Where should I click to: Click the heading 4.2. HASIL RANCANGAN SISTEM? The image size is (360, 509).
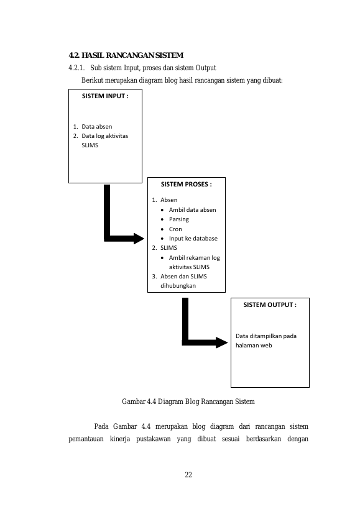[126, 55]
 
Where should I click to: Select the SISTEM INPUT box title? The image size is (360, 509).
[105, 96]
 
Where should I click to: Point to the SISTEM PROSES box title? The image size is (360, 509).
[187, 185]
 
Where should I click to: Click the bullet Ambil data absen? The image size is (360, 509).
[192, 210]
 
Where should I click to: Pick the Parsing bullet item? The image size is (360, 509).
[178, 219]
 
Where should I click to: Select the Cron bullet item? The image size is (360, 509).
[175, 229]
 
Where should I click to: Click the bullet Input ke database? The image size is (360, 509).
[193, 239]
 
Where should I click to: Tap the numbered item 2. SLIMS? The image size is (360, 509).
[165, 248]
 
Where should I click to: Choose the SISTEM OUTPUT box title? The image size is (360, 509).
[270, 305]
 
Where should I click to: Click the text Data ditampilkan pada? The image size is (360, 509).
[266, 336]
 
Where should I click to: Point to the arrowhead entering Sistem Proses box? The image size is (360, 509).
[139, 239]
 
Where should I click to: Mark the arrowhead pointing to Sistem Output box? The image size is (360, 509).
[222, 342]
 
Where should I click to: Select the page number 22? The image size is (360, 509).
[188, 475]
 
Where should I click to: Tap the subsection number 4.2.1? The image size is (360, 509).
[76, 68]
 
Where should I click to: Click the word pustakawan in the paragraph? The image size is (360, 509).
[153, 439]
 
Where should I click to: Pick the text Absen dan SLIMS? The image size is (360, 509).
[183, 277]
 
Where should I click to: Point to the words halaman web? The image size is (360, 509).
[254, 346]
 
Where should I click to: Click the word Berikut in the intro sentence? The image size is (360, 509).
[92, 80]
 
